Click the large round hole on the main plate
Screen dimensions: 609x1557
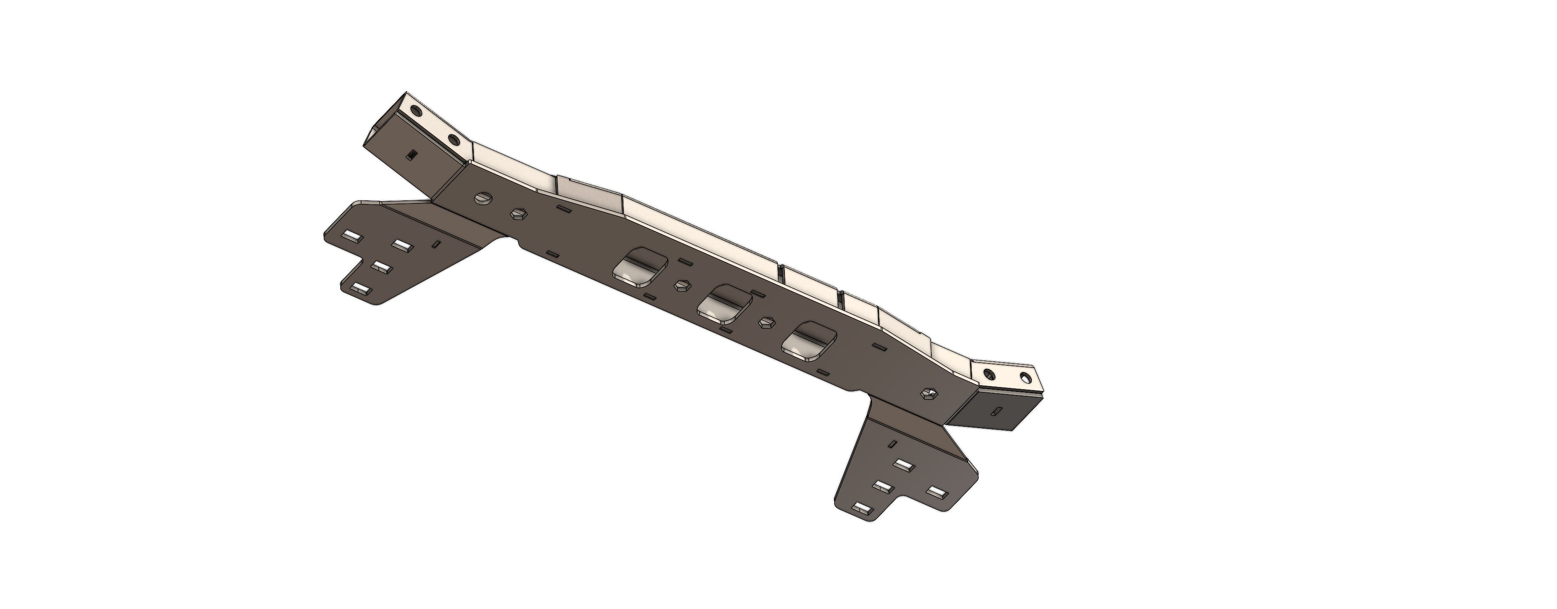(x=482, y=199)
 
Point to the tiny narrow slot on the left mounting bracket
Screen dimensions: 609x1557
(x=436, y=244)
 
